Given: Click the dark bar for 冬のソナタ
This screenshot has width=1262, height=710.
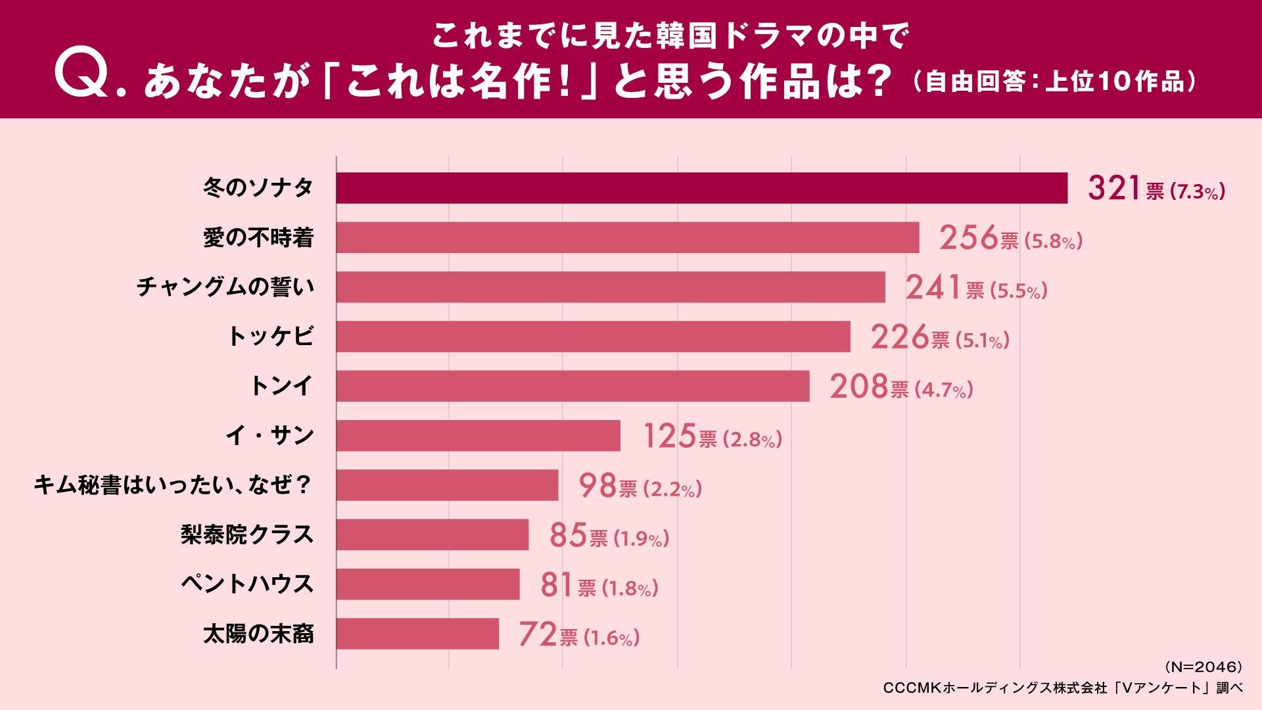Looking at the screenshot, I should tap(701, 188).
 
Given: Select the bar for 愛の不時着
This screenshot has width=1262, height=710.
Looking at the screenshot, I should tap(627, 237).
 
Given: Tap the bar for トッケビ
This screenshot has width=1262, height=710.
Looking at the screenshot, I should tap(593, 337).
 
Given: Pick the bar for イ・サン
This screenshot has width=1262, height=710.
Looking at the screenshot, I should tap(478, 436).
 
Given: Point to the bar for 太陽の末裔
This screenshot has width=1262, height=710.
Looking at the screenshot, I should tap(417, 634).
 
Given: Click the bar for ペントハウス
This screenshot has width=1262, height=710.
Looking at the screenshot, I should tap(428, 584).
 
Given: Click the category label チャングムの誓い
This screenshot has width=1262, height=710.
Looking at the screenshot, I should tap(225, 287).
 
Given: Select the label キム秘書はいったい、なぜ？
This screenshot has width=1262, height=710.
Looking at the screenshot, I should tap(173, 486).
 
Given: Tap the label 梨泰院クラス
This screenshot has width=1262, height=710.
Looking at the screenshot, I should tap(247, 535).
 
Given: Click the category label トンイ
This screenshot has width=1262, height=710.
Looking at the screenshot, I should tap(281, 386).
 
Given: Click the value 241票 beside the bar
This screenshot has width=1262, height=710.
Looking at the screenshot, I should tap(944, 288).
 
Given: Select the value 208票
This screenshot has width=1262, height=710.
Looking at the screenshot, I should tap(868, 387).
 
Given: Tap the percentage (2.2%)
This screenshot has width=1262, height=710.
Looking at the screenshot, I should tap(672, 489).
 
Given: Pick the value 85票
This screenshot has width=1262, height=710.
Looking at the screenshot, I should tap(578, 536).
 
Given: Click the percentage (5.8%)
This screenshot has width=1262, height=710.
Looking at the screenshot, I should tap(1052, 241).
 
